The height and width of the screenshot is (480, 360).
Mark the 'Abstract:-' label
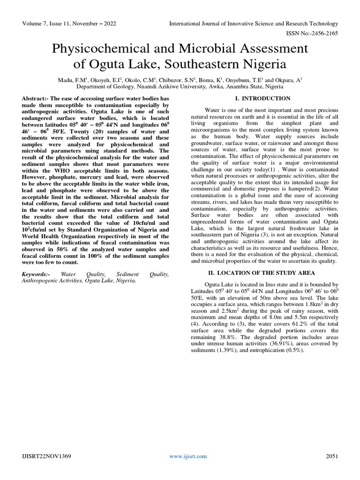pyautogui.click(x=37, y=98)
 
